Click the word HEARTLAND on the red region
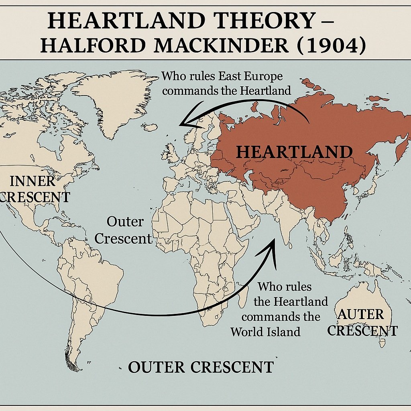click(294, 152)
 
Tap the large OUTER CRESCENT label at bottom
click(201, 367)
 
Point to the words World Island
click(265, 332)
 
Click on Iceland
click(151, 128)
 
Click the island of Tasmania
click(382, 343)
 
